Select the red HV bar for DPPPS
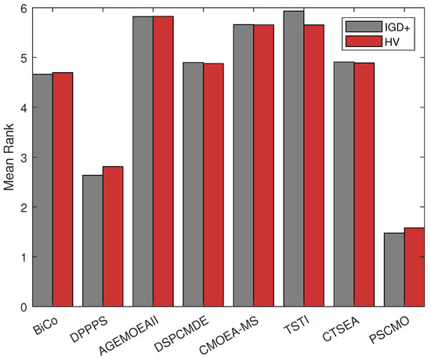coord(113,236)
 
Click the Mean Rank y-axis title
coord(9,157)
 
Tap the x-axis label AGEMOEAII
coord(139,333)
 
